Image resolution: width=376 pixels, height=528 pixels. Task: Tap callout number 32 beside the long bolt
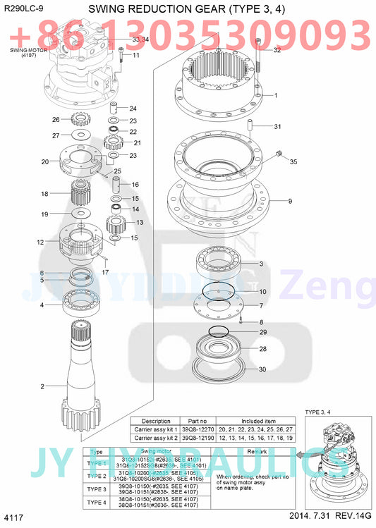click(277, 50)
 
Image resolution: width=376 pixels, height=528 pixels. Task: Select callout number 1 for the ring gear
click(275, 95)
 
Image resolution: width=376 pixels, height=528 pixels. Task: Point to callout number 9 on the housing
click(289, 201)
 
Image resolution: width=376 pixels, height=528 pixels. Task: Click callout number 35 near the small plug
click(293, 161)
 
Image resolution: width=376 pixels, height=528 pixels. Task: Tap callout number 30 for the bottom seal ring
click(262, 369)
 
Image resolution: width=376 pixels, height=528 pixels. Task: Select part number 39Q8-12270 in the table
click(198, 429)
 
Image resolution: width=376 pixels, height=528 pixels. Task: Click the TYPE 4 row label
click(97, 502)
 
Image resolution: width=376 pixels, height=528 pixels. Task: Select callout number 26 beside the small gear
click(56, 119)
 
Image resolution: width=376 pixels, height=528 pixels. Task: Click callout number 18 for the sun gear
click(44, 193)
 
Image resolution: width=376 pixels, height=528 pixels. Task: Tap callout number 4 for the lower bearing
click(42, 305)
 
